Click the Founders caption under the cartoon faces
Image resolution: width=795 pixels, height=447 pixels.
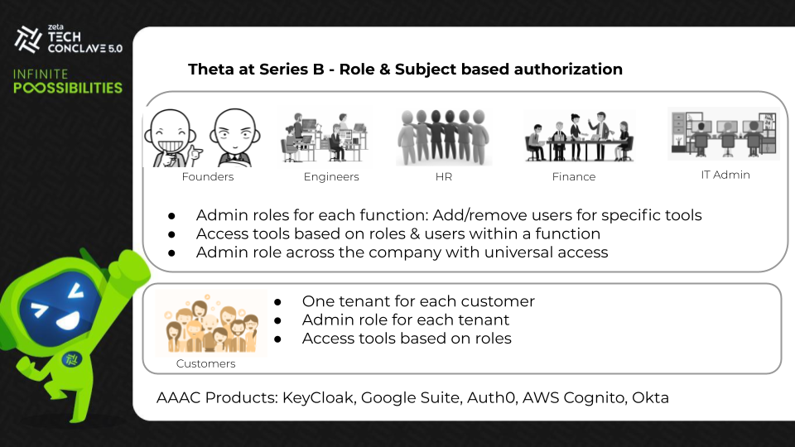pyautogui.click(x=208, y=176)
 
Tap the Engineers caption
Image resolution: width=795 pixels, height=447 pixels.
pyautogui.click(x=331, y=176)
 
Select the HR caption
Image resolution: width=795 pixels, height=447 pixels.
pyautogui.click(x=444, y=176)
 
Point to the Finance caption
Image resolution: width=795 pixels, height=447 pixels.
pyautogui.click(x=574, y=176)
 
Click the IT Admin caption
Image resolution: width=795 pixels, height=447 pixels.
pyautogui.click(x=725, y=175)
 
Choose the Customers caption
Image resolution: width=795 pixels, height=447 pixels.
pyautogui.click(x=206, y=363)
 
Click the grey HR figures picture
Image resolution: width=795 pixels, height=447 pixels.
pyautogui.click(x=444, y=137)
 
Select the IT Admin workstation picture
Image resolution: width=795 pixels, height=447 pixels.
pyautogui.click(x=724, y=132)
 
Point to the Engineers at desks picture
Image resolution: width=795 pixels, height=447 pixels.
pyautogui.click(x=325, y=137)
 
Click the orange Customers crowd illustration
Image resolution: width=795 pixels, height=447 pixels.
pyautogui.click(x=206, y=322)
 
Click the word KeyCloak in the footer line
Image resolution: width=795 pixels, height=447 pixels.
pyautogui.click(x=320, y=397)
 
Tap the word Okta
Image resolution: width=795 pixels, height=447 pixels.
pyautogui.click(x=650, y=397)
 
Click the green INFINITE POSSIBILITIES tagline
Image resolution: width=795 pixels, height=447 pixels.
pyautogui.click(x=68, y=81)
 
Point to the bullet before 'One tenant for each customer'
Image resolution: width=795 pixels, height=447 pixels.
pyautogui.click(x=278, y=302)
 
